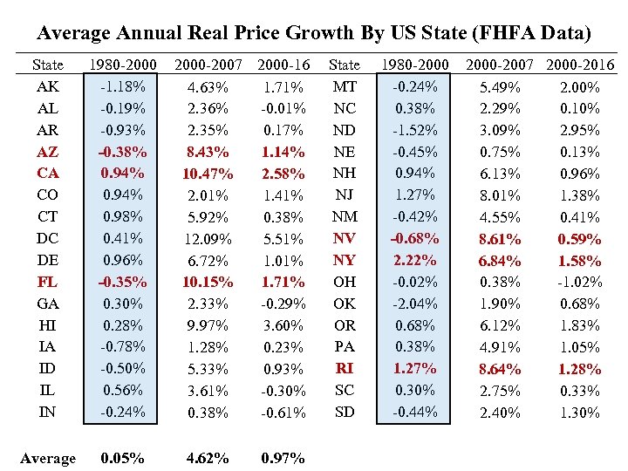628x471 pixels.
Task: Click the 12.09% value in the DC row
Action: pos(208,239)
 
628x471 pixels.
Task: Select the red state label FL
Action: pos(47,282)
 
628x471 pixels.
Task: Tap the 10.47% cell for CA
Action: pos(208,174)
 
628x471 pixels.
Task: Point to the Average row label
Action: pos(47,458)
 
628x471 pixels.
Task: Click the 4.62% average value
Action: pos(208,458)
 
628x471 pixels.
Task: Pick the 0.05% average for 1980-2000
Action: pos(123,458)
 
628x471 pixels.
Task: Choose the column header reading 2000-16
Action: pos(283,65)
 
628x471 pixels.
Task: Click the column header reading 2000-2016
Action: pos(580,65)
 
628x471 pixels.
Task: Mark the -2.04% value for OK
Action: pos(416,304)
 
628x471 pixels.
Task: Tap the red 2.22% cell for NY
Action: pos(416,260)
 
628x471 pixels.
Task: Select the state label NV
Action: pos(345,238)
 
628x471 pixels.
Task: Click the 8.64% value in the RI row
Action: pos(501,369)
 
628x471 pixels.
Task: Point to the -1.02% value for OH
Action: pos(580,282)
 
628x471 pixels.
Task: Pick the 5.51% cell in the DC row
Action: pos(283,239)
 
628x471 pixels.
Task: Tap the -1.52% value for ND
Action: pos(416,130)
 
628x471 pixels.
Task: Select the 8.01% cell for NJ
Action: pos(501,195)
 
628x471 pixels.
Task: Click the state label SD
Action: pos(345,412)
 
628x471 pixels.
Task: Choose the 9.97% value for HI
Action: pos(208,325)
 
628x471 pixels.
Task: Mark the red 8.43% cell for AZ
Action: pos(208,153)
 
